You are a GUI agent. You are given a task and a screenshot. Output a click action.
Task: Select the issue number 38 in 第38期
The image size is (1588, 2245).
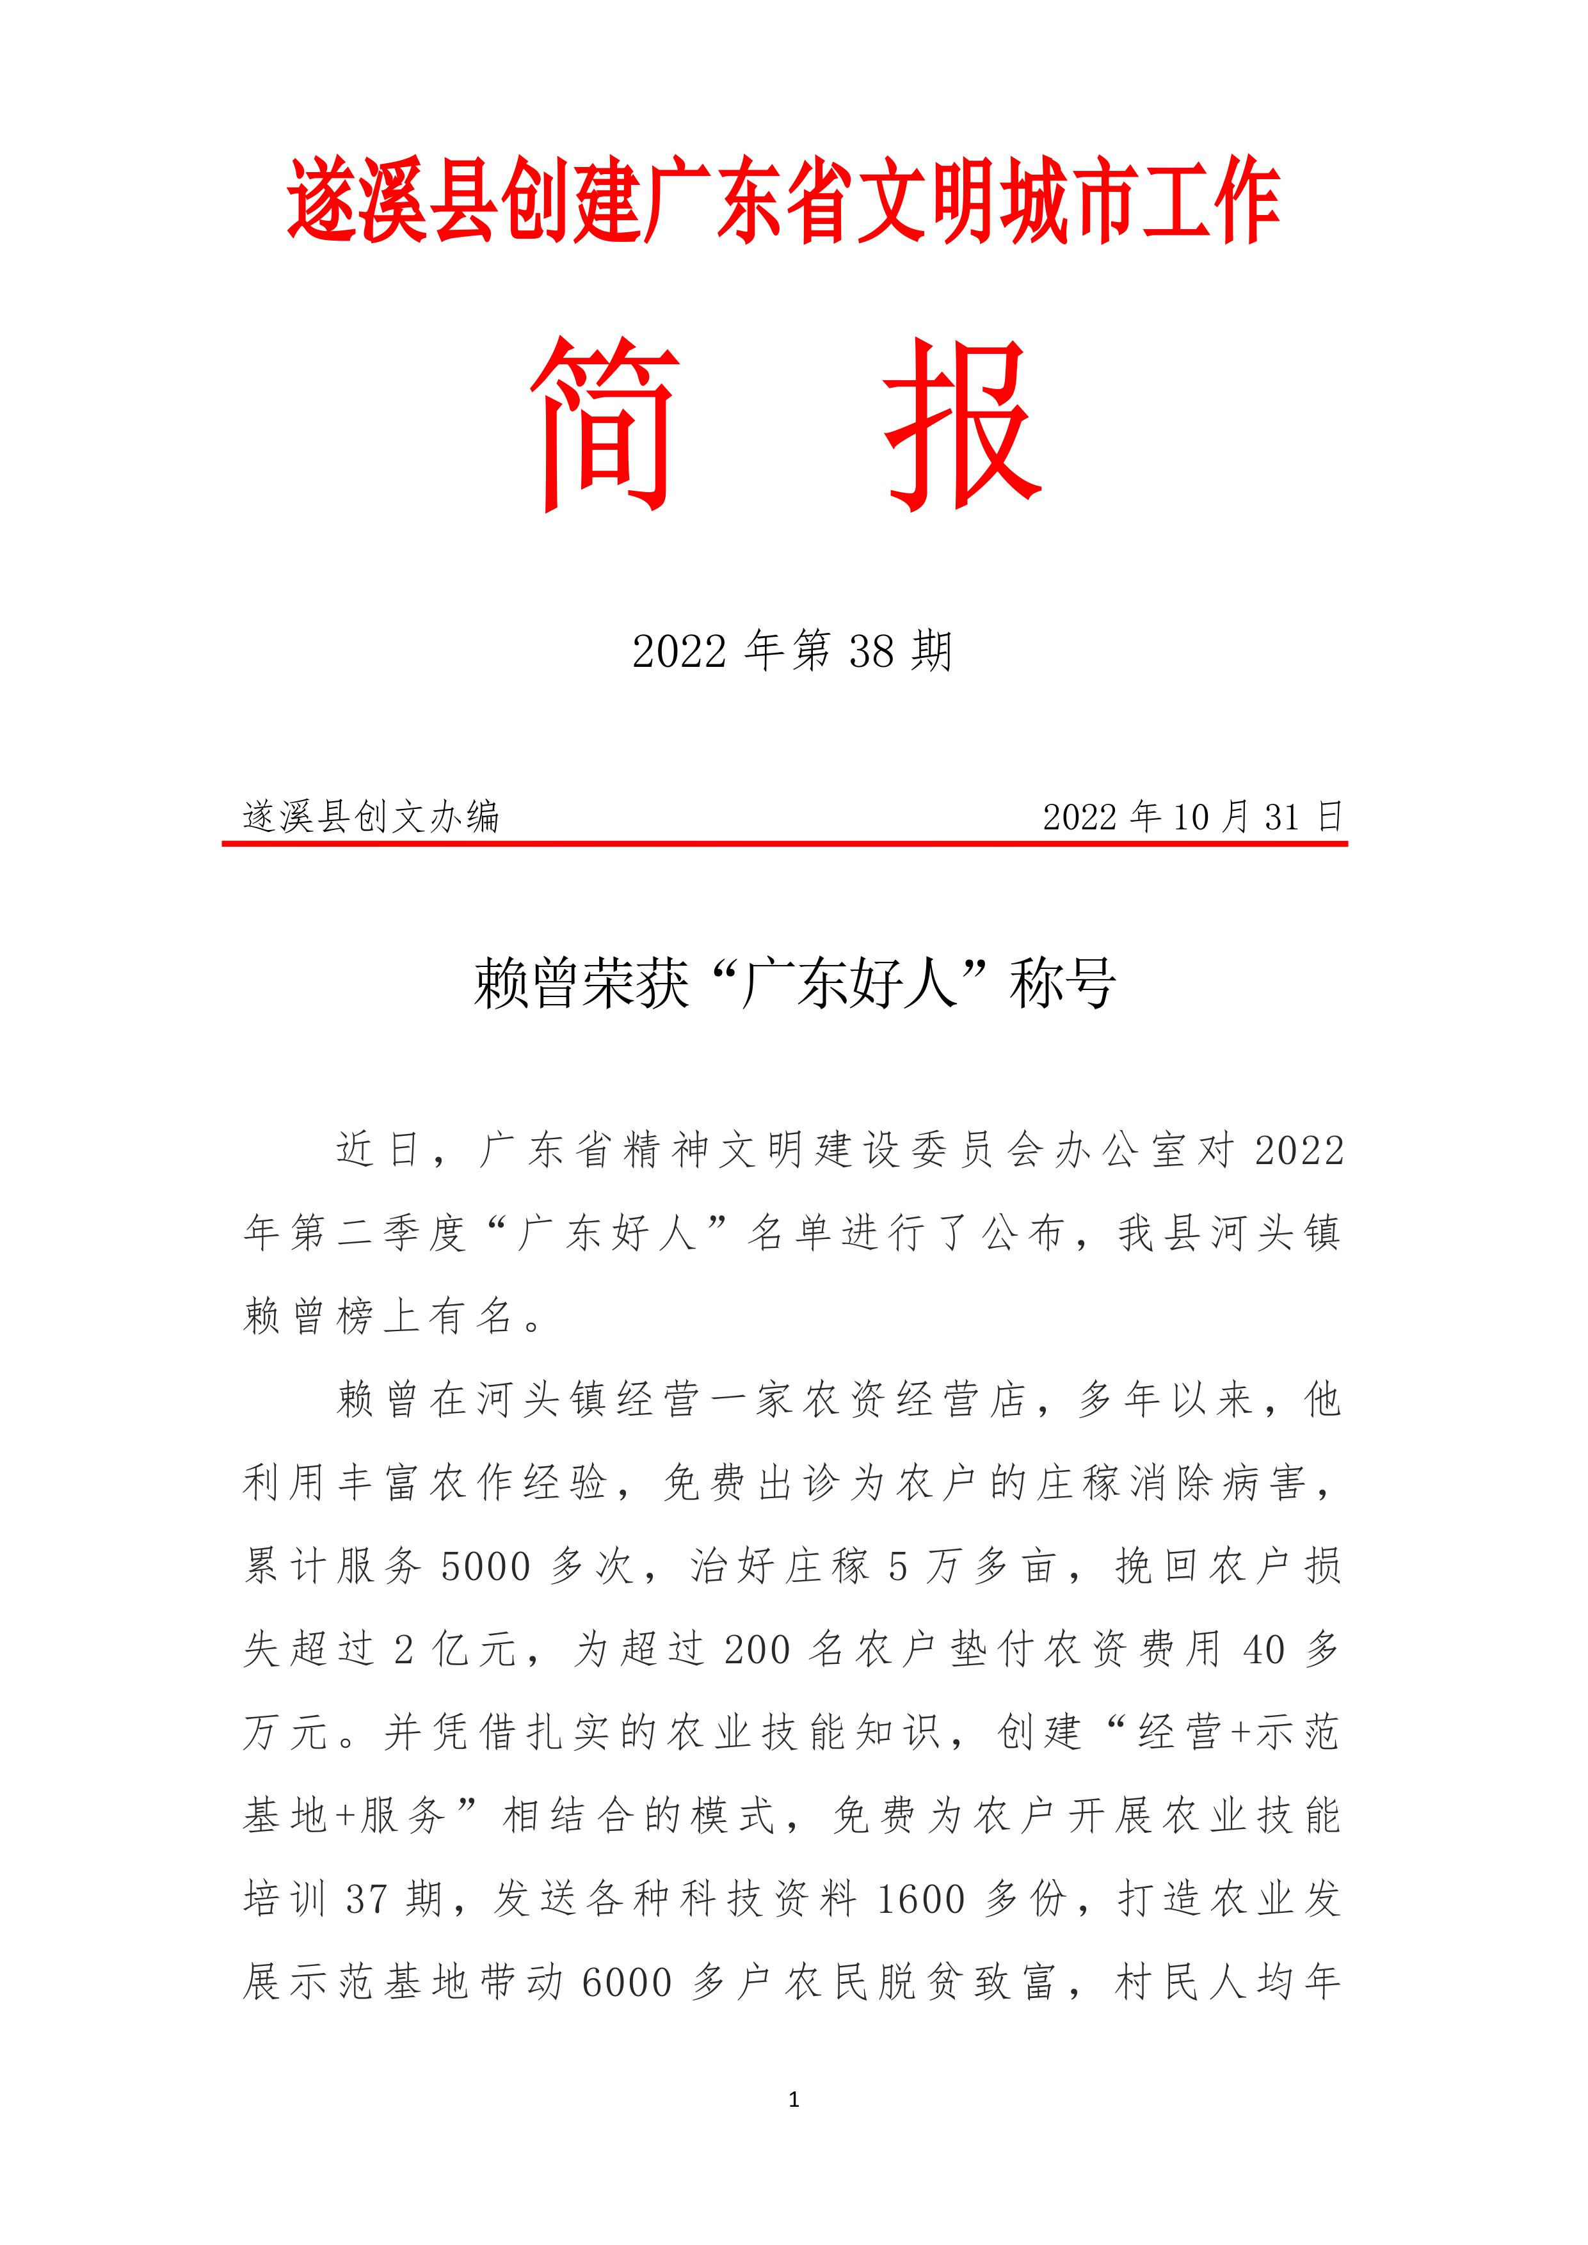coord(871,651)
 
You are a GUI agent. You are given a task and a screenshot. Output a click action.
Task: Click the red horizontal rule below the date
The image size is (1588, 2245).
coord(784,842)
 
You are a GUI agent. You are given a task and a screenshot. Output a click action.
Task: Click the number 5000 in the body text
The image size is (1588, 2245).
coord(486,1567)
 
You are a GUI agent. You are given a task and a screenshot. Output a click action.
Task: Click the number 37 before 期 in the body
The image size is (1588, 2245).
coord(367,1900)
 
